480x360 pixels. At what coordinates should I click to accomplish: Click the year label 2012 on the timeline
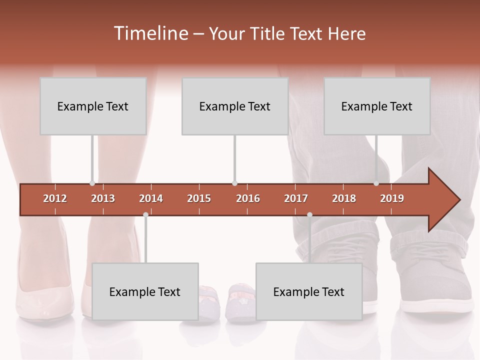(55, 198)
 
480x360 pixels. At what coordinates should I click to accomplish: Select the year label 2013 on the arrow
(103, 198)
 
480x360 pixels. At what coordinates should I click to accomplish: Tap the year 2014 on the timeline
(151, 198)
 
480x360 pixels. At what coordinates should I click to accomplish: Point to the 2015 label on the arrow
(199, 198)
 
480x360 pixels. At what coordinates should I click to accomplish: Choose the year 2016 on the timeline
(248, 198)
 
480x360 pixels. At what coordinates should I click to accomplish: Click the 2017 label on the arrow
(296, 198)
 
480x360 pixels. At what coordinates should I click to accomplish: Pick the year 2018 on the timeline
(344, 198)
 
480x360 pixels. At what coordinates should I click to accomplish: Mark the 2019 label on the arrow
(392, 198)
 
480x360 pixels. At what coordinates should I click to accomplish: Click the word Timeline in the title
(150, 33)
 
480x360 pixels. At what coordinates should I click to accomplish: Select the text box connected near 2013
(93, 106)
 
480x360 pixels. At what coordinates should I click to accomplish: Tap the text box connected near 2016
(235, 106)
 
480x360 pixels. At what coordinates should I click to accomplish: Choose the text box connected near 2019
(377, 106)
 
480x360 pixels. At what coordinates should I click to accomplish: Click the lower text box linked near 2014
(145, 291)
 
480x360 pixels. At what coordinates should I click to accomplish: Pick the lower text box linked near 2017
(309, 291)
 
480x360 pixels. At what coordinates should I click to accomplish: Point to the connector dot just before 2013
(92, 183)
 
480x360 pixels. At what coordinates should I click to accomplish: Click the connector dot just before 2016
(234, 183)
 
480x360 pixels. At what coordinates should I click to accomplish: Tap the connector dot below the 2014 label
(145, 215)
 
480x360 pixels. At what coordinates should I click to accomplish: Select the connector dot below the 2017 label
(309, 215)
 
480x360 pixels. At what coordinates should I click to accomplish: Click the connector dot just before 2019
(376, 183)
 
